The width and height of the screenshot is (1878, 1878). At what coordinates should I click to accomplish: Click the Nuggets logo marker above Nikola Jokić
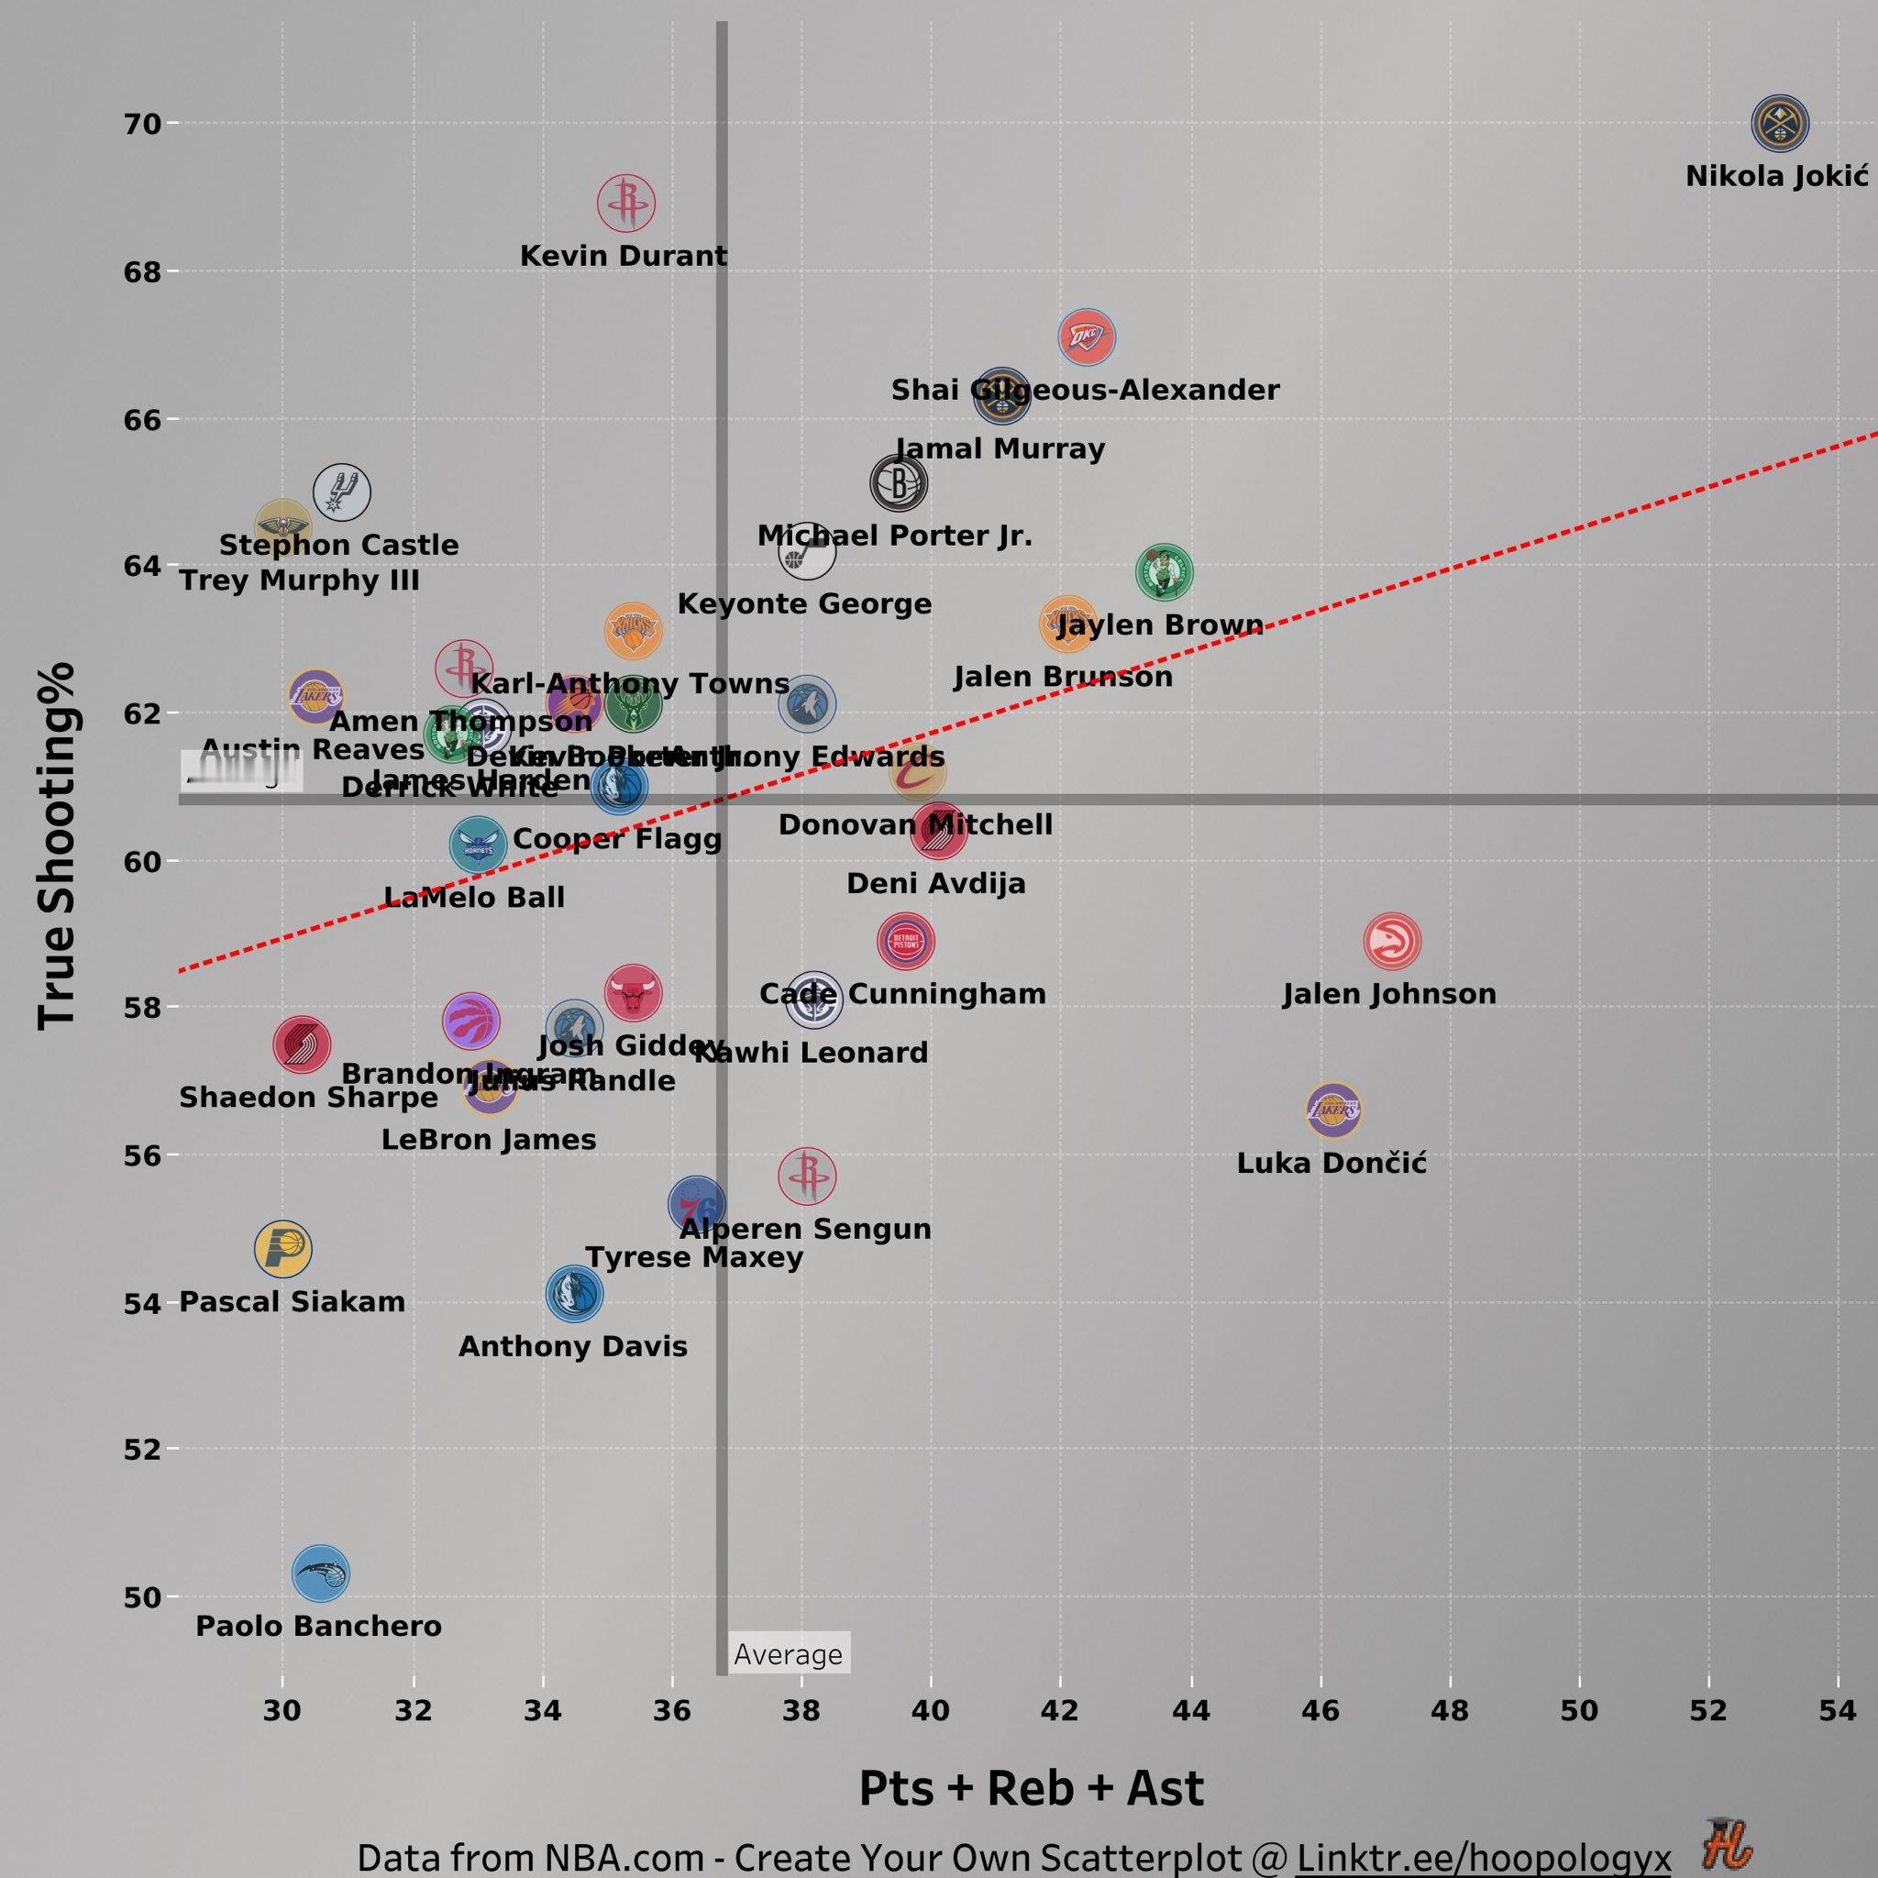click(x=1779, y=124)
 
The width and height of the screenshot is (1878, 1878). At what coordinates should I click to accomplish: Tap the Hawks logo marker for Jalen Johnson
click(x=1392, y=941)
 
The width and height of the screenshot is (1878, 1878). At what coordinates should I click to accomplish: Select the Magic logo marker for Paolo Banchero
click(x=321, y=1573)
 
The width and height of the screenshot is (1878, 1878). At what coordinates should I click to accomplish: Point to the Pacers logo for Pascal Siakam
click(x=282, y=1248)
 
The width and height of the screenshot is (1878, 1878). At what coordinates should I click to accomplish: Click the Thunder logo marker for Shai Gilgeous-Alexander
click(x=1087, y=337)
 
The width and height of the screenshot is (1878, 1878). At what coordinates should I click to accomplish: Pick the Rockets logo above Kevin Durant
click(x=626, y=204)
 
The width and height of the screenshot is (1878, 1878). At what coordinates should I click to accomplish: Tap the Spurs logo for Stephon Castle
click(x=341, y=492)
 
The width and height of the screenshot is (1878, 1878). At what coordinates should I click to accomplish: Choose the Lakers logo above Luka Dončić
click(x=1332, y=1110)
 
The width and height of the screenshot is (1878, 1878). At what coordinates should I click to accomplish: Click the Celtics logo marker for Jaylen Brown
click(x=1164, y=572)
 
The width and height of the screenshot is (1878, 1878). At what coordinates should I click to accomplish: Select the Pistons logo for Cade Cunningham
click(x=906, y=941)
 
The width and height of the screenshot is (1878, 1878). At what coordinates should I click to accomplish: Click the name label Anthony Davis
click(x=572, y=1346)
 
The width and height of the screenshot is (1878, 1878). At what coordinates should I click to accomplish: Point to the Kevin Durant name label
click(x=623, y=256)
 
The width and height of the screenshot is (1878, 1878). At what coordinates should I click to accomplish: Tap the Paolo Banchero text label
click(x=319, y=1625)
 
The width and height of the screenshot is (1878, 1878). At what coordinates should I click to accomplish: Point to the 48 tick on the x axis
click(x=1450, y=1710)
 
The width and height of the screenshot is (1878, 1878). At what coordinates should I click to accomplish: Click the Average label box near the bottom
click(x=789, y=1653)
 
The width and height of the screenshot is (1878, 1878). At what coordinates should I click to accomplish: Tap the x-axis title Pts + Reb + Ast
click(x=1031, y=1786)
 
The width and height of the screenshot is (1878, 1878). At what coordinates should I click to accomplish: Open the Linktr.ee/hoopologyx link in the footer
click(x=1483, y=1856)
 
